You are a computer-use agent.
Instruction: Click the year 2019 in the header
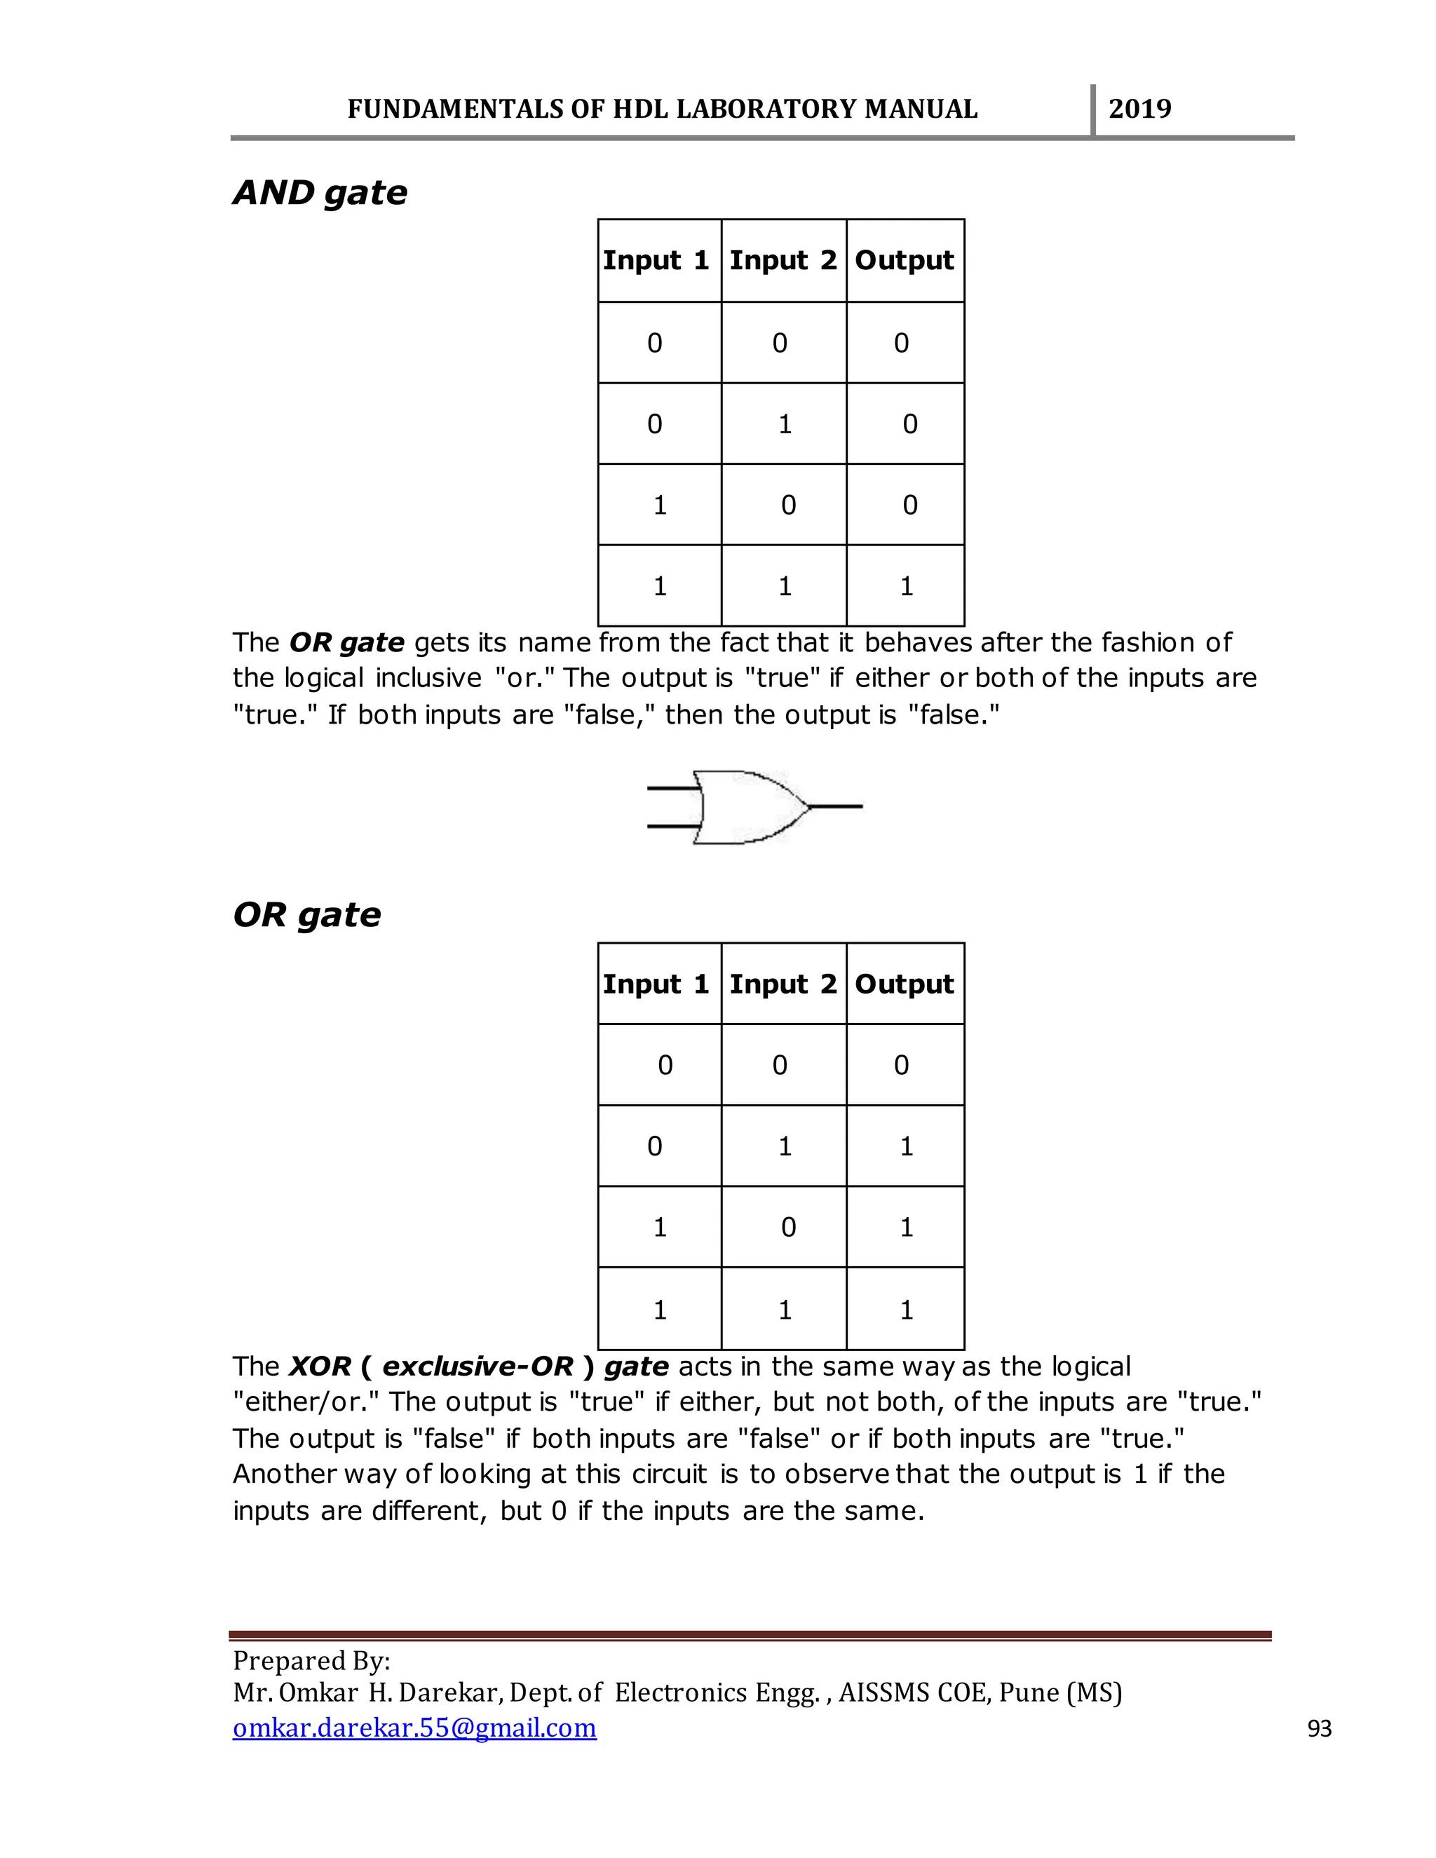tap(1139, 109)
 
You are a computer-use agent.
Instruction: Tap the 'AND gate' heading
tap(320, 193)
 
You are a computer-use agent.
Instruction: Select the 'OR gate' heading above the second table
tap(306, 916)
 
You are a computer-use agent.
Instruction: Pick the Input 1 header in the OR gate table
tap(656, 984)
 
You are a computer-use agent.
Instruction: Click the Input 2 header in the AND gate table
tap(783, 260)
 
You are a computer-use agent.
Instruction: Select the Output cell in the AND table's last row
tap(906, 586)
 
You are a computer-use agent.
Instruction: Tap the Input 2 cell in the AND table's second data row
tap(785, 423)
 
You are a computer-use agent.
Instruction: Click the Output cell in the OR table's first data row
tap(902, 1065)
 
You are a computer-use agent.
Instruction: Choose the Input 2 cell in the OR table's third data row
tap(787, 1228)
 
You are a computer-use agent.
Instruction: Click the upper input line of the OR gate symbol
tap(672, 789)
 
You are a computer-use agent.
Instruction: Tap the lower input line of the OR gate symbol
tap(672, 825)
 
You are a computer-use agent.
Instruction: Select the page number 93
tap(1319, 1729)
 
